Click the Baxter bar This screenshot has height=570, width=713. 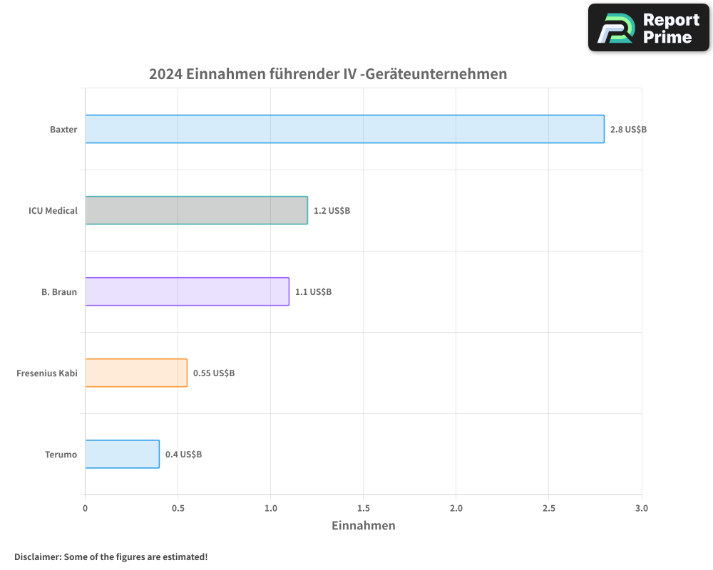coord(344,129)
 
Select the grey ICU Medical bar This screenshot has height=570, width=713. coord(196,210)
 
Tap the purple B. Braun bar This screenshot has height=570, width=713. coord(187,291)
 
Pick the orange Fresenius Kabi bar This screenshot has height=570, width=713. coord(136,373)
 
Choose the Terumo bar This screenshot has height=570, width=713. coord(122,454)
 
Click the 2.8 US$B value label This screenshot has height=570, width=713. coord(628,130)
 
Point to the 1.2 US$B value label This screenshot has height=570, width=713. coord(332,211)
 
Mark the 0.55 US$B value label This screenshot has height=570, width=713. coord(214,373)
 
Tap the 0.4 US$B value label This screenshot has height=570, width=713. coord(183,455)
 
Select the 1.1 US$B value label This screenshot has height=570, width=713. coord(313,292)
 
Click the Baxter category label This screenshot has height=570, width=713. coord(63,130)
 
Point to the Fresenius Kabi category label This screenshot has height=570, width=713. coord(46,373)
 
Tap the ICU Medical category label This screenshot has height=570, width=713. coord(53,211)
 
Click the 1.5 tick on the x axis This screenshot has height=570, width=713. coord(363,508)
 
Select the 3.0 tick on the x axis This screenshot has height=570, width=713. coord(641,508)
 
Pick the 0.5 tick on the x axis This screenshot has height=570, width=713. coord(178,508)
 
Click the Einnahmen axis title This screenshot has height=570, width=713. coord(363,526)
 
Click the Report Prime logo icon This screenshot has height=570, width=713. coord(615,28)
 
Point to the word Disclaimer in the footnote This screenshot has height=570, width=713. coord(36,556)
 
